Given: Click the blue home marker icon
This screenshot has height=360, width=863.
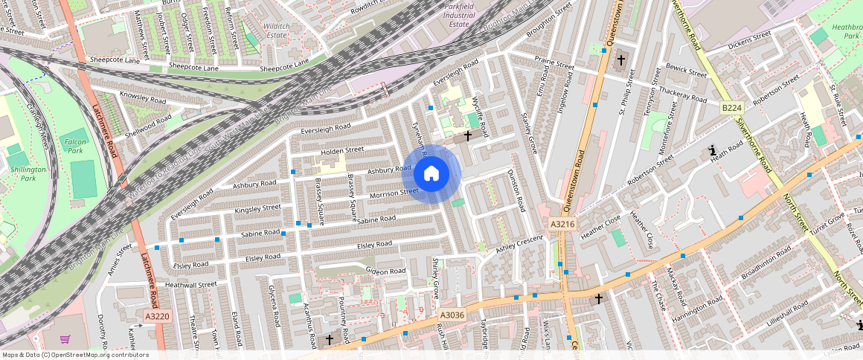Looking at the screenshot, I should (431, 174).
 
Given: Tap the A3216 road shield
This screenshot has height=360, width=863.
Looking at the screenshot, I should (562, 223).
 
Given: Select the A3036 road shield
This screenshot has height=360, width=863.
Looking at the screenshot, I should (452, 315).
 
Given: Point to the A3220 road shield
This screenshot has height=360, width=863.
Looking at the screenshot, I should (158, 316).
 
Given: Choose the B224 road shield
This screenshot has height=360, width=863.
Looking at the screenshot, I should (731, 109).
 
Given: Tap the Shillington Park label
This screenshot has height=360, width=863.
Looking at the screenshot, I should (28, 174).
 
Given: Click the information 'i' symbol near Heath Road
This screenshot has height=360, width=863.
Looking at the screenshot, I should (713, 150).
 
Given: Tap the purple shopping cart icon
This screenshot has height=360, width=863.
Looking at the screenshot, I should (65, 339).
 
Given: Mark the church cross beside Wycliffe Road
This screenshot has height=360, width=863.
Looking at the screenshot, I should (468, 135).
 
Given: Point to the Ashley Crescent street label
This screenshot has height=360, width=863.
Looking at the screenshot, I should (520, 243).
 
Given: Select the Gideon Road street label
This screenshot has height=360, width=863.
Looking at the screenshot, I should (385, 271).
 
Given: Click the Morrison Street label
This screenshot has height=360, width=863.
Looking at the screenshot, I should (394, 193).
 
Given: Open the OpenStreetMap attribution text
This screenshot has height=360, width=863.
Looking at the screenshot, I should (74, 355).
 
